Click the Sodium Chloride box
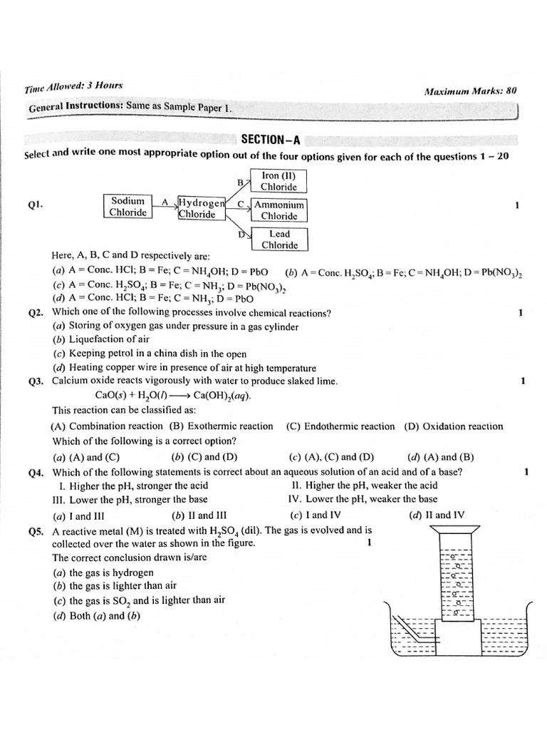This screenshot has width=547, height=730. click(129, 207)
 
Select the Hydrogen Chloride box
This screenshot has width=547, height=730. click(202, 207)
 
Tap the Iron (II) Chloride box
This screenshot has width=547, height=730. click(278, 181)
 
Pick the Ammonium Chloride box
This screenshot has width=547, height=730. click(278, 210)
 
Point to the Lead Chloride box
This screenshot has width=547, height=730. click(278, 240)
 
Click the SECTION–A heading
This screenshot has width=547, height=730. click(266, 139)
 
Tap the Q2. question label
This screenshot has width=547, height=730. click(37, 313)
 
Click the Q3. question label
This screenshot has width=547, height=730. click(37, 381)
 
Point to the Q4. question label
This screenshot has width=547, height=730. click(37, 473)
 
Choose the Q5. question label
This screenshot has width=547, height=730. click(37, 531)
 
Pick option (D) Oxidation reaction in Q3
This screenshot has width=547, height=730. click(453, 426)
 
